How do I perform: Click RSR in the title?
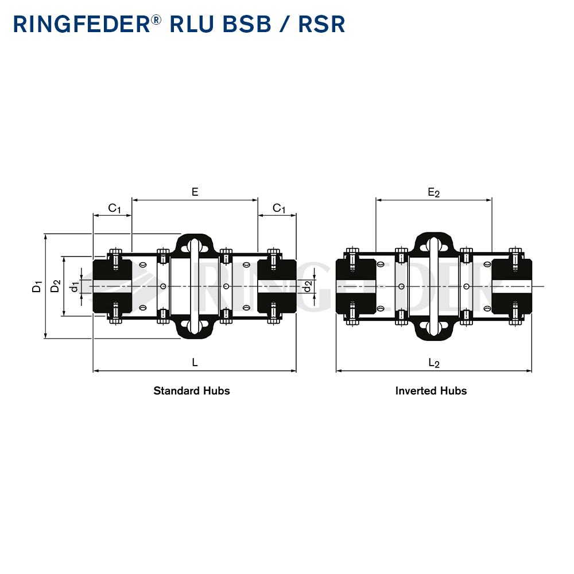click(x=322, y=24)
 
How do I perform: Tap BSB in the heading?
click(x=247, y=24)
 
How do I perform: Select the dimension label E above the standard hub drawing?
click(x=195, y=192)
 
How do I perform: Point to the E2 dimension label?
click(x=434, y=192)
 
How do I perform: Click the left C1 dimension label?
click(x=114, y=208)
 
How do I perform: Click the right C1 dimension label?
click(x=279, y=208)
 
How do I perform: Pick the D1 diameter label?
click(x=37, y=286)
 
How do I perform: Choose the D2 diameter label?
click(x=55, y=286)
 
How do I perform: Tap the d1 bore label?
click(x=75, y=286)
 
